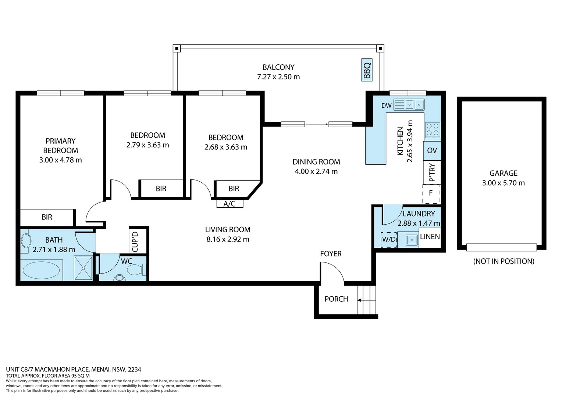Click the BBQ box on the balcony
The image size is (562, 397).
pyautogui.click(x=367, y=70)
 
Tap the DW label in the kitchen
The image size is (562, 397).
pyautogui.click(x=386, y=105)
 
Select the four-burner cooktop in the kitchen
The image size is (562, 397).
pyautogui.click(x=432, y=130)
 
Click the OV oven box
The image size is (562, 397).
pyautogui.click(x=432, y=150)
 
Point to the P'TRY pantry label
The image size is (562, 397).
pyautogui.click(x=432, y=172)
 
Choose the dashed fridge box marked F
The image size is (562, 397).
pyautogui.click(x=431, y=193)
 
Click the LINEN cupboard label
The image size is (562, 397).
pyautogui.click(x=430, y=237)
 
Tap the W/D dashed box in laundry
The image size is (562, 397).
pyautogui.click(x=389, y=240)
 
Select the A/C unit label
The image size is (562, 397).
pyautogui.click(x=230, y=204)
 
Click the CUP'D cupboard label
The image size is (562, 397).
pyautogui.click(x=135, y=242)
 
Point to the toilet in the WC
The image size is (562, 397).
pyautogui.click(x=135, y=270)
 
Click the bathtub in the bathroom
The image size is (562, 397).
pyautogui.click(x=41, y=271)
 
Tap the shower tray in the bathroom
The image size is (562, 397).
pyautogui.click(x=83, y=268)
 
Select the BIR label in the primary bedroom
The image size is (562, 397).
pyautogui.click(x=47, y=217)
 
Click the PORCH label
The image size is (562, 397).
pyautogui.click(x=336, y=299)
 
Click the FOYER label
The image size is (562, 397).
pyautogui.click(x=331, y=254)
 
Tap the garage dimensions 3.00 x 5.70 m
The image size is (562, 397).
pyautogui.click(x=503, y=183)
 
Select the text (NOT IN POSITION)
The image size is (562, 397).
pyautogui.click(x=504, y=261)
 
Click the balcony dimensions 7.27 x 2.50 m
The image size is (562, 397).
pyautogui.click(x=278, y=77)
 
